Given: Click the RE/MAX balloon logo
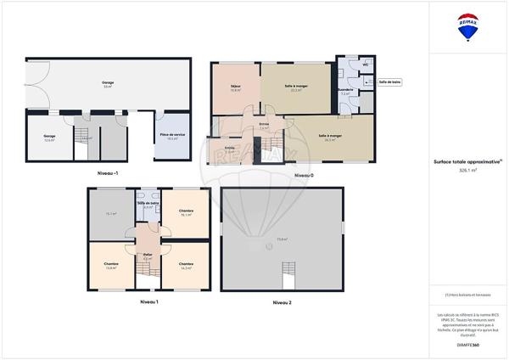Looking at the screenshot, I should (x=468, y=26).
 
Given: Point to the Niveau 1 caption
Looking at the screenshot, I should (x=149, y=301).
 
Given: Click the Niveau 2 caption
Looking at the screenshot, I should (x=282, y=302).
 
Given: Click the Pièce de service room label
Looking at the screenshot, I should (x=172, y=135).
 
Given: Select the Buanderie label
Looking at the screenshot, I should (x=345, y=89).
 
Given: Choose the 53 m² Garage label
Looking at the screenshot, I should (x=108, y=83).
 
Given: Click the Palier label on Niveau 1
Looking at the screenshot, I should (x=148, y=255).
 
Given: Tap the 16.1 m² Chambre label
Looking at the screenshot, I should (x=187, y=212).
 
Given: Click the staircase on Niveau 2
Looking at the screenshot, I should (x=288, y=276).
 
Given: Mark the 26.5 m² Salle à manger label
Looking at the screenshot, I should (x=330, y=137).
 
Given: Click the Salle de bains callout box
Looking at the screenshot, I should (x=389, y=82).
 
